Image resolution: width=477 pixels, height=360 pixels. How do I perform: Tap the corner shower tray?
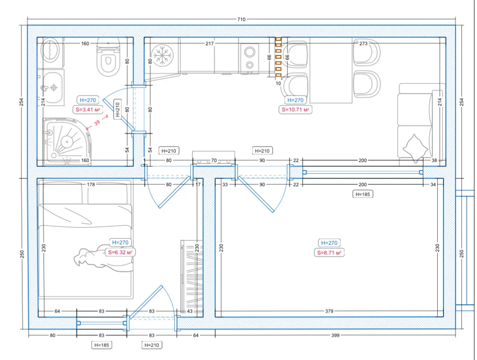coord(67,142)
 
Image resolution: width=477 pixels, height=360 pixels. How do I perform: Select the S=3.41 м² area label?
coord(88,109)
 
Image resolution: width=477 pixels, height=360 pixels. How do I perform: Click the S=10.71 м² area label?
coord(295,109)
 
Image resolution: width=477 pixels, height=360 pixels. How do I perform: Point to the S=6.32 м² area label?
coord(120,252)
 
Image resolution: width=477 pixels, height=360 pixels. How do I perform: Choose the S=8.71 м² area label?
coord(329,253)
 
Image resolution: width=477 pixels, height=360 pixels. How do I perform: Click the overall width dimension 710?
coord(241,19)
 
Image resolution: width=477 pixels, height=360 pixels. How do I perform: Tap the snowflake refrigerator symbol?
coord(162,55)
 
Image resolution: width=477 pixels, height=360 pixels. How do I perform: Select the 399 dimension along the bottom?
coord(335,335)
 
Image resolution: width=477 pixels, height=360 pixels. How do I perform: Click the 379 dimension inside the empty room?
coord(329,311)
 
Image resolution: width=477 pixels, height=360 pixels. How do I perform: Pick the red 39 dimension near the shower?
coord(97,122)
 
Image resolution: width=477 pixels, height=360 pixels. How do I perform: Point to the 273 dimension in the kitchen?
coord(363,43)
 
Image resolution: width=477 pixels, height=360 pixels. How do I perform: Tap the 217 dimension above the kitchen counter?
coord(210,43)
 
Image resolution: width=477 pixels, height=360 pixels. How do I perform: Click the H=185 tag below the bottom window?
coord(101,345)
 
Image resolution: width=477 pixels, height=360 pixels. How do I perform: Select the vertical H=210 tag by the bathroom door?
coord(118,109)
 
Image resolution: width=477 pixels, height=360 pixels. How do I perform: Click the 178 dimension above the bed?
coord(91,184)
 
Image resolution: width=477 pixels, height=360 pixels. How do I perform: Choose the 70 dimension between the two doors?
coord(214,160)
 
